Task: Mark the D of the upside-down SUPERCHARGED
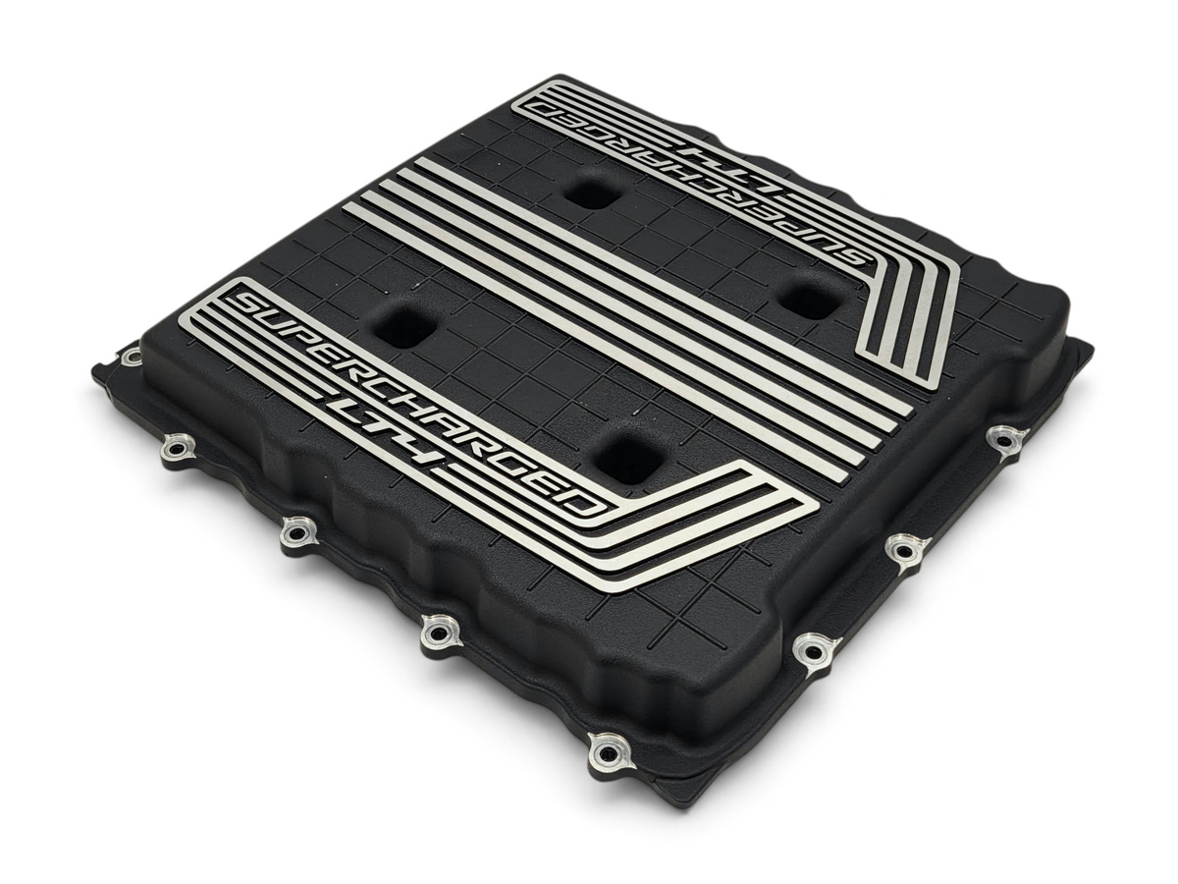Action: [x=540, y=108]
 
